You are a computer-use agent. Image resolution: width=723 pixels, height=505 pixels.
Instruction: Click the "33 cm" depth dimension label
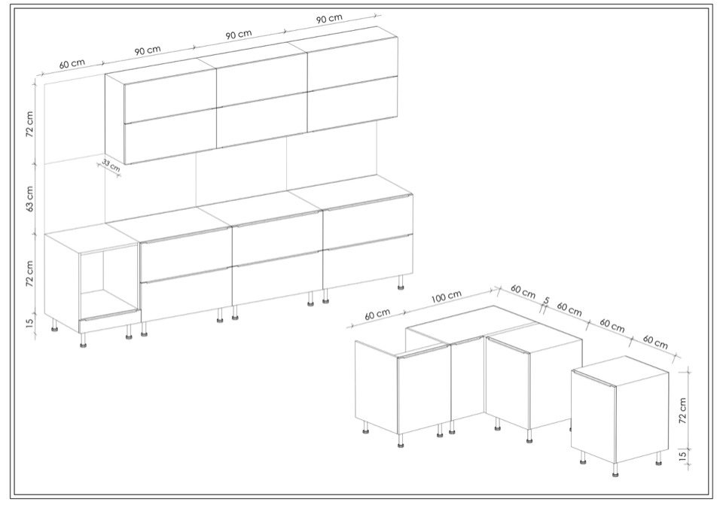(111, 166)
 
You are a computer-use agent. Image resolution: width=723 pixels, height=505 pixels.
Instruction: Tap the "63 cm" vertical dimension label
(30, 198)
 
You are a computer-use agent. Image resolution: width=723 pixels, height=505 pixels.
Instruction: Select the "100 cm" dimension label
(446, 297)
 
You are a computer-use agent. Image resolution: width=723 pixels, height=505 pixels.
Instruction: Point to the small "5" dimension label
(547, 300)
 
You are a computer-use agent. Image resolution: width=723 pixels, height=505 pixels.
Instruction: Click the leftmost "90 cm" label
(148, 50)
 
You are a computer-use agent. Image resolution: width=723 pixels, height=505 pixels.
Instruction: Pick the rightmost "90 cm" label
(329, 19)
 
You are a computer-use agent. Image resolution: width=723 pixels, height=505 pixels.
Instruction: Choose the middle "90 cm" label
(239, 35)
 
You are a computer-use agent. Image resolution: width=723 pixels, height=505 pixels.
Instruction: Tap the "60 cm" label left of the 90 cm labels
(72, 63)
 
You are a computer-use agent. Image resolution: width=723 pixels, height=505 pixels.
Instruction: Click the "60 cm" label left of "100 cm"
(377, 315)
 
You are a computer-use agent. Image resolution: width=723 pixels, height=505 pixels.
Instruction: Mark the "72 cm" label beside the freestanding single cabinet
(683, 410)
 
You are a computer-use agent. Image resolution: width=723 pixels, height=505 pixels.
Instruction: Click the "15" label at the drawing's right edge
(683, 455)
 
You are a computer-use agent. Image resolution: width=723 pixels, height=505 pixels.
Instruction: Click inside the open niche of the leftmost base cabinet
(108, 281)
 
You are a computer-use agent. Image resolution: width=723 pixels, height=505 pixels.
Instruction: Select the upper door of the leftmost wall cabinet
(170, 96)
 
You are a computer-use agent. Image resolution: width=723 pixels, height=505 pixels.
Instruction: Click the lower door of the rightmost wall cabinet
(352, 104)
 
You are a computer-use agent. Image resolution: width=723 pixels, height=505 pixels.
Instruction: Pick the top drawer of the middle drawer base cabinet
(276, 238)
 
